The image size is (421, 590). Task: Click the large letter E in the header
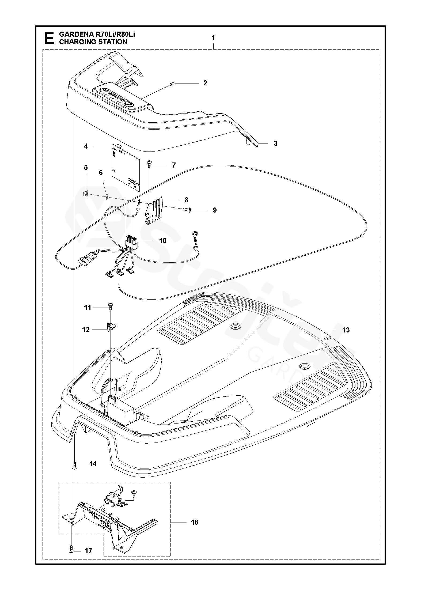(48, 38)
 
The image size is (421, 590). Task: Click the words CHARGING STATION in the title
(93, 42)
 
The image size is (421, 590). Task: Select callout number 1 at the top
(213, 38)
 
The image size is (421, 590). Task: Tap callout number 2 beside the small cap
(205, 83)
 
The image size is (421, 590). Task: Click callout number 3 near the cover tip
(275, 143)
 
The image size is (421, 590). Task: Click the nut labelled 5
(86, 192)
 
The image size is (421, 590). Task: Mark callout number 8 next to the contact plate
(186, 200)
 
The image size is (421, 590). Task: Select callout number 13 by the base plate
(346, 330)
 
